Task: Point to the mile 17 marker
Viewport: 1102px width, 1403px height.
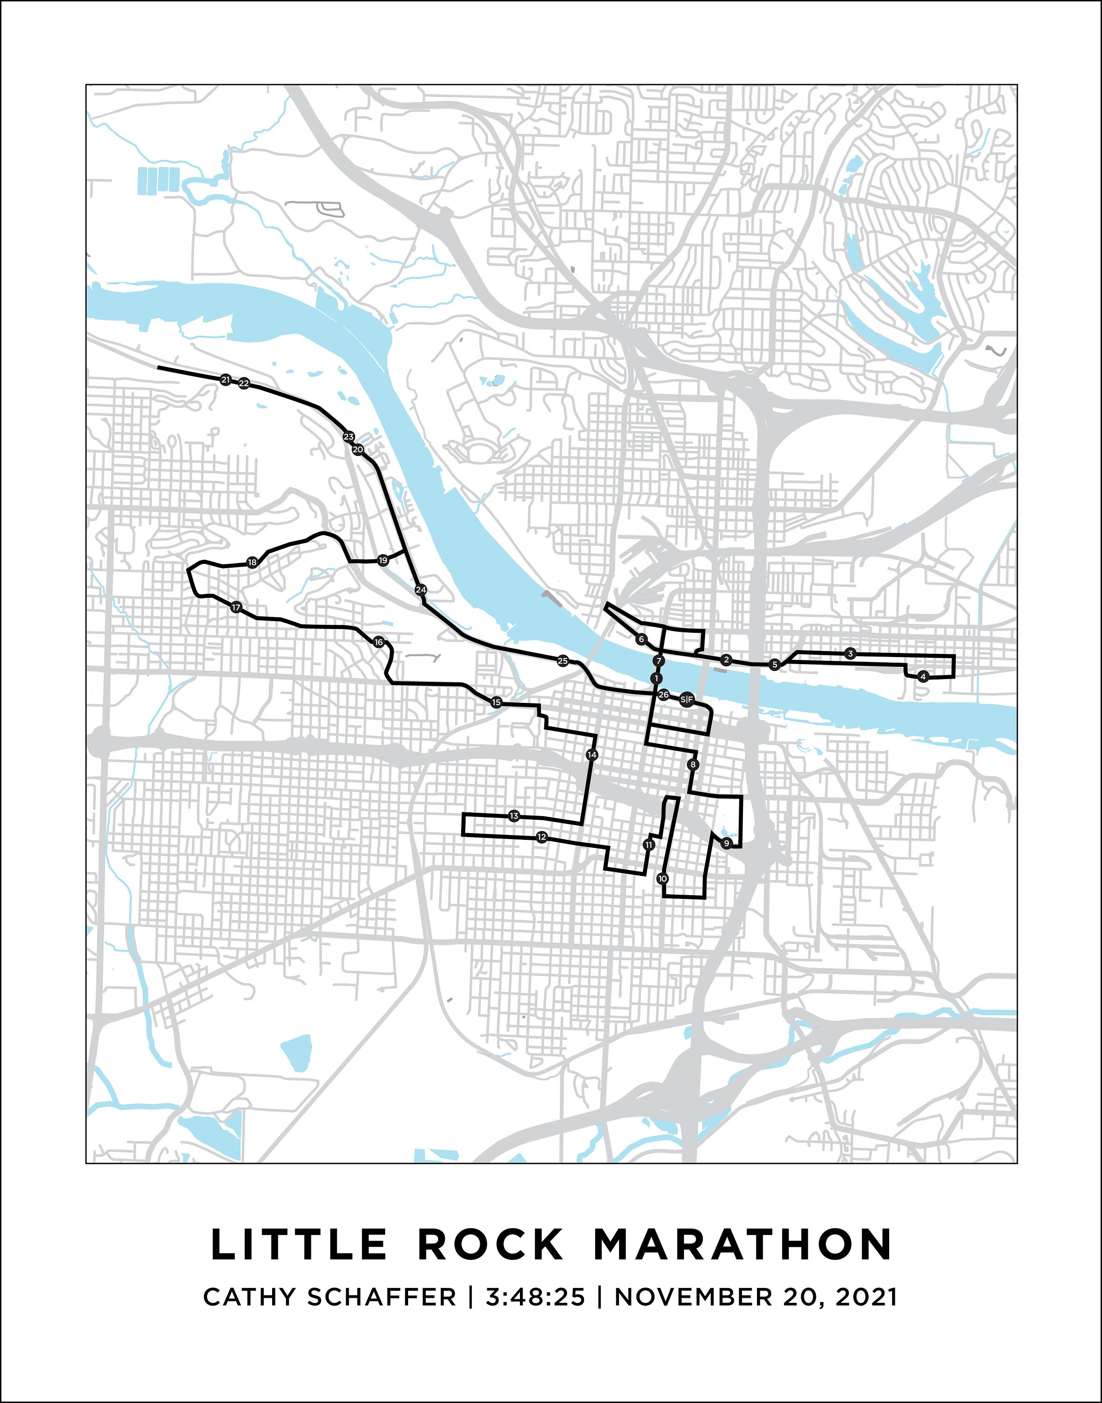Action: [x=236, y=607]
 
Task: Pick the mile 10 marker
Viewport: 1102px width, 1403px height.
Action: [x=662, y=878]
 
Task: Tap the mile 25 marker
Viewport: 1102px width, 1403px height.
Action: [x=562, y=661]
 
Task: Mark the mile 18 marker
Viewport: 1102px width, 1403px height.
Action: [x=252, y=562]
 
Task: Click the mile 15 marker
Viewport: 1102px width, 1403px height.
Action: [x=496, y=702]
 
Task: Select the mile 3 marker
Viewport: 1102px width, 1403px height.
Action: [x=850, y=654]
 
